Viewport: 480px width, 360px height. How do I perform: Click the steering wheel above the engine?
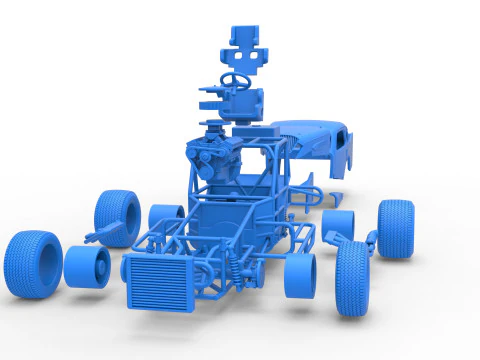236,78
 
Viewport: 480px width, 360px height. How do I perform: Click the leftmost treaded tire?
32,264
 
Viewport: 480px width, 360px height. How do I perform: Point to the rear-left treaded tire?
118,218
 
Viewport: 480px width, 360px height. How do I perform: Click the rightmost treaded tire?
396,229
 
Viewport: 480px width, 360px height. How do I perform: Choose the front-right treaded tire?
353,277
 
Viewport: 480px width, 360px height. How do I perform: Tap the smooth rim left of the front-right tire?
299,275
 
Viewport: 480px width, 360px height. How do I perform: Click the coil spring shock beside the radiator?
236,268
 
